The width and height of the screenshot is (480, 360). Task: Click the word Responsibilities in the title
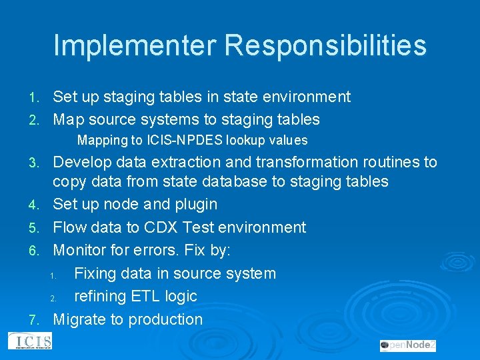[325, 46]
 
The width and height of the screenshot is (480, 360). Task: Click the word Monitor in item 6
[82, 250]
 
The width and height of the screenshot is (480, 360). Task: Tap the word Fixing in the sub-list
[97, 273]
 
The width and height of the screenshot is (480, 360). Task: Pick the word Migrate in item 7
[80, 319]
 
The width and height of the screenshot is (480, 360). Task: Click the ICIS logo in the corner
[29, 341]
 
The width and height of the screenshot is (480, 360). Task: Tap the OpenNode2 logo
[408, 345]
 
